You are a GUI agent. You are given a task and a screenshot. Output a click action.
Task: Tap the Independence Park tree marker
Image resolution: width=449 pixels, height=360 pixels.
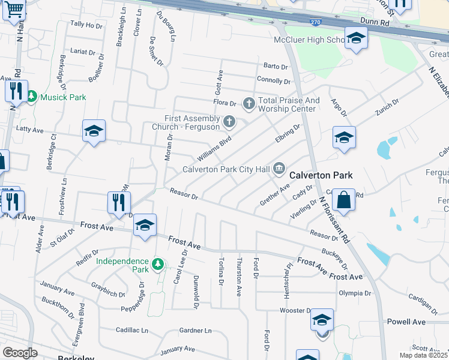(157, 264)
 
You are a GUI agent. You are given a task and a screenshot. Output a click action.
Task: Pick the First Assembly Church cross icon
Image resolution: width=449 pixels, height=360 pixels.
(229, 122)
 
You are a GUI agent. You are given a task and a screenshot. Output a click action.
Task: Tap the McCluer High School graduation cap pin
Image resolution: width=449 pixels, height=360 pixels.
(356, 39)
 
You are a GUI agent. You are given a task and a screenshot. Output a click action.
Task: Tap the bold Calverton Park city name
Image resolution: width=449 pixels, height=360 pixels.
(321, 175)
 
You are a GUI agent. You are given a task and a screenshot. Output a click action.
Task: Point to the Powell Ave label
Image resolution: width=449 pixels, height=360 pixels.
(406, 322)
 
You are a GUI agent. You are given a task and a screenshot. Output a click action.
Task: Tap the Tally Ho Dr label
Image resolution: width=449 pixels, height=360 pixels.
(86, 25)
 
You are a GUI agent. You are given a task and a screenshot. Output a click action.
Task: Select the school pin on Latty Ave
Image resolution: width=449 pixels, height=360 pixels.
(94, 131)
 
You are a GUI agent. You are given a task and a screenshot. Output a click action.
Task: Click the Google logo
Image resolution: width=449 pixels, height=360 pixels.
(20, 353)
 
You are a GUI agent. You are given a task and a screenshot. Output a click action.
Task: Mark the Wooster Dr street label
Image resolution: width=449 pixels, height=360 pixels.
(295, 311)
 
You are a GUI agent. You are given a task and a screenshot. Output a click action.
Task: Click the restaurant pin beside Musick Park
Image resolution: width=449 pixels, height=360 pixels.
(16, 92)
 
